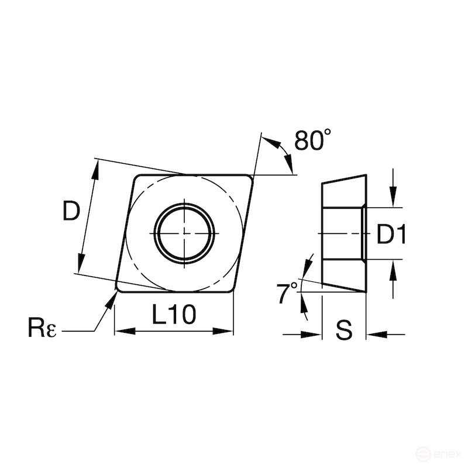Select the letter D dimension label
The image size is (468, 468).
coord(70,211)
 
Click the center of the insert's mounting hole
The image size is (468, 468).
coord(184,232)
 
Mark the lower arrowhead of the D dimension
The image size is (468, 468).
coord(81,266)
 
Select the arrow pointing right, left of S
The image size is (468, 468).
coord(314,335)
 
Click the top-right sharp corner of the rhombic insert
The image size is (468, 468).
coord(253,175)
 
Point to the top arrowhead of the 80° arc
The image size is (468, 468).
coord(267,139)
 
